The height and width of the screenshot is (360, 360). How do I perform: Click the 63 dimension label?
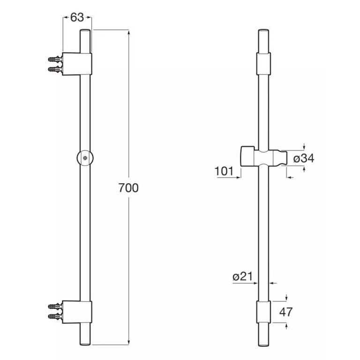pos(77,17)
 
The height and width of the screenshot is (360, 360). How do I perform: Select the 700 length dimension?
pos(128,188)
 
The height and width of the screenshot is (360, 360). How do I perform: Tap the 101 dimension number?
pos(224,171)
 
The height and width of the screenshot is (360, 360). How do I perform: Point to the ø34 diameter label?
pos(304,158)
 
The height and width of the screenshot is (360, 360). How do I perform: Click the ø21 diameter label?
pos(243,277)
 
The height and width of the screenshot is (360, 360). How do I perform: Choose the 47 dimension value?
pos(286,312)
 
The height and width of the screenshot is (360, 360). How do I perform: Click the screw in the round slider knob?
pos(85,157)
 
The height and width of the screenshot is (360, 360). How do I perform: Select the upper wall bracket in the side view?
pos(77,64)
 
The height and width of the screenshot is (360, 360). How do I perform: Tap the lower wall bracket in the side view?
pos(77,312)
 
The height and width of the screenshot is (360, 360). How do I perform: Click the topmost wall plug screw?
pos(55,59)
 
